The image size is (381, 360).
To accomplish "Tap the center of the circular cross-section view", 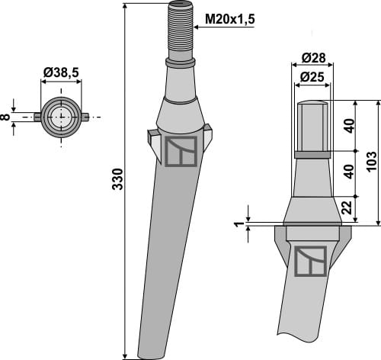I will pyautogui.click(x=59, y=117).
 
